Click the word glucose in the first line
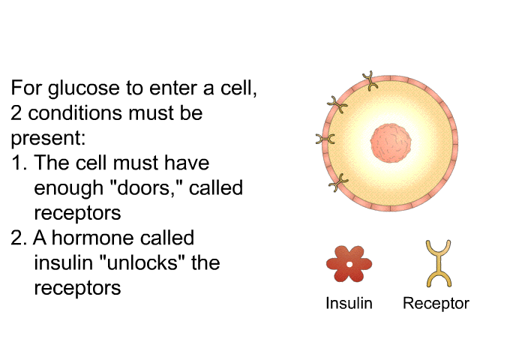click(84, 88)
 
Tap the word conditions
click(75, 112)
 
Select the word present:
click(48, 139)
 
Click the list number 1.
click(19, 163)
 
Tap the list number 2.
click(19, 238)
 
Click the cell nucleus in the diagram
click(391, 143)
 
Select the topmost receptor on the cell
click(370, 81)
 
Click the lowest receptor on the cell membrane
click(338, 182)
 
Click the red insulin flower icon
click(349, 264)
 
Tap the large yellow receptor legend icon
click(439, 264)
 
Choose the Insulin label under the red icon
click(349, 304)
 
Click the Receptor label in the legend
click(436, 304)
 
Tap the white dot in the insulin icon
click(349, 265)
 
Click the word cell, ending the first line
click(238, 88)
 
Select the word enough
click(69, 188)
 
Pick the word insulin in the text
click(63, 262)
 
